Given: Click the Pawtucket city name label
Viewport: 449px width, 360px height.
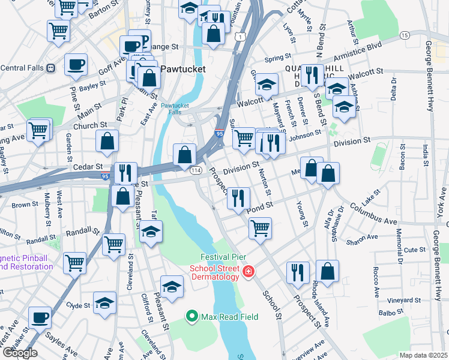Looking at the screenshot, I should (182, 69).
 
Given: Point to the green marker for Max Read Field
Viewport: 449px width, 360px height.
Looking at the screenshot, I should (192, 315).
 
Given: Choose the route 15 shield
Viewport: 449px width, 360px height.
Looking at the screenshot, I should (405, 36).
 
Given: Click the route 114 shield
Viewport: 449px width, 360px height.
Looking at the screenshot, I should (196, 171).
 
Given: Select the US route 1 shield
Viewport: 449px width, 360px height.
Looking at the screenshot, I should (241, 37).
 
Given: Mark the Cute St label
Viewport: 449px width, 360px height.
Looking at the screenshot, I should (414, 250).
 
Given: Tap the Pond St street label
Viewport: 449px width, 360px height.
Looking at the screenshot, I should (259, 205).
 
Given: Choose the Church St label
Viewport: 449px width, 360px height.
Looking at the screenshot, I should (89, 126).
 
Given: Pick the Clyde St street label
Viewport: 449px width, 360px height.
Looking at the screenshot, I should (78, 305).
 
